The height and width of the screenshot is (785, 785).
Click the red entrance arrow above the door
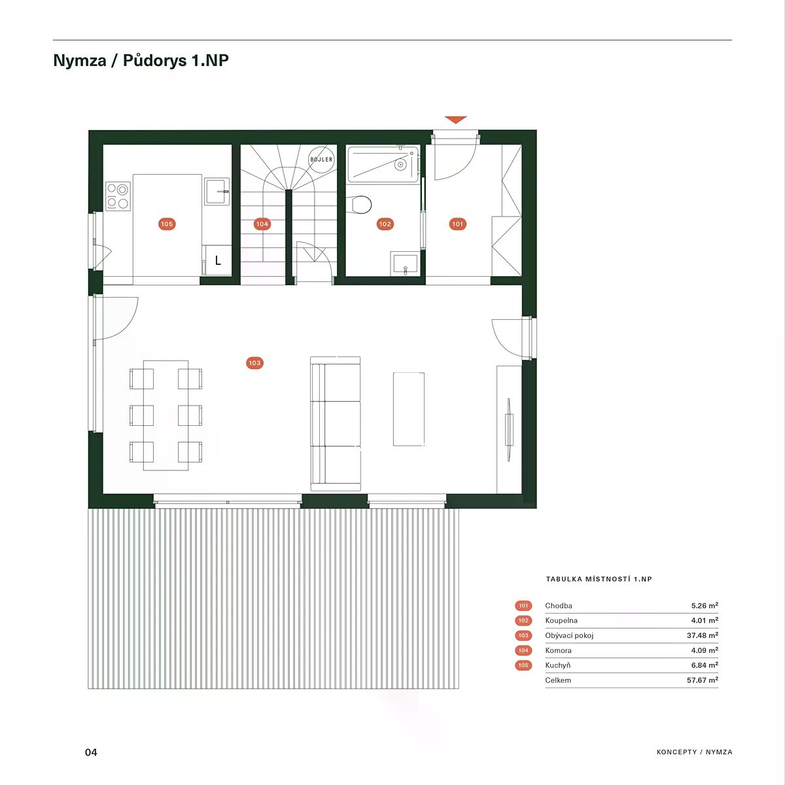[x=455, y=119]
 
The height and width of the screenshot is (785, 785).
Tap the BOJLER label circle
[x=321, y=159]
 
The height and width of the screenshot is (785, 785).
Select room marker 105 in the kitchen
[x=167, y=224]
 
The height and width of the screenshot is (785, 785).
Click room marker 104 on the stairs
[x=262, y=224]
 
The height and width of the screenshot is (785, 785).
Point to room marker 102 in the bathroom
[x=385, y=224]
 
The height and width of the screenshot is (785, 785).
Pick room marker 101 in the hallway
[x=457, y=224]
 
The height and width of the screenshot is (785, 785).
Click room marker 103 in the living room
[x=254, y=363]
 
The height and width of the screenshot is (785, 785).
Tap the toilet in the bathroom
[x=359, y=205]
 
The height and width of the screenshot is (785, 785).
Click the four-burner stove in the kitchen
[x=118, y=196]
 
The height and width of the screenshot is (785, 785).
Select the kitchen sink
[x=217, y=191]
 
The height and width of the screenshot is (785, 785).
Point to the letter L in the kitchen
[x=218, y=260]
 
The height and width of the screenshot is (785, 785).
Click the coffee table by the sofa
[x=409, y=409]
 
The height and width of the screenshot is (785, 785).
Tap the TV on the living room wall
[x=509, y=430]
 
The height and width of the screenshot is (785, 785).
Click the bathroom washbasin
[x=405, y=264]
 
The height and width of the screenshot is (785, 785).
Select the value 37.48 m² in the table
[x=703, y=635]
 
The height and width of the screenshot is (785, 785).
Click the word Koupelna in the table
[x=561, y=620]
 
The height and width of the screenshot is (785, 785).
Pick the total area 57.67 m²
[x=703, y=680]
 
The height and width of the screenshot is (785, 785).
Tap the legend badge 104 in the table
[x=523, y=650]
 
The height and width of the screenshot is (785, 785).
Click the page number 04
[x=91, y=752]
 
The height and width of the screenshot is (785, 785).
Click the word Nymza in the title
[x=80, y=60]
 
